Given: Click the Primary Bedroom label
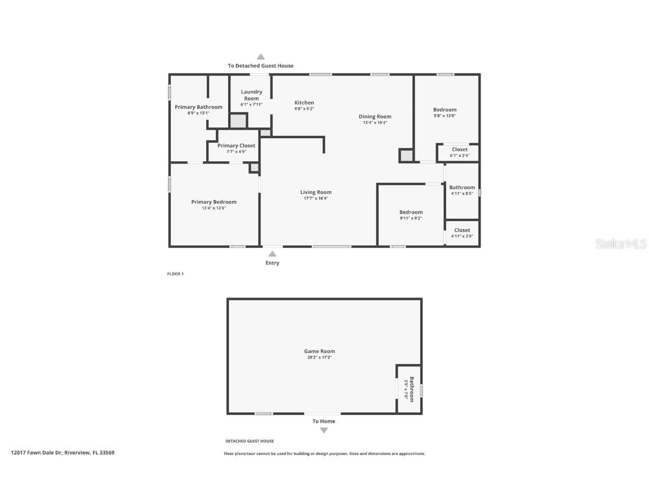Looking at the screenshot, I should [x=214, y=202].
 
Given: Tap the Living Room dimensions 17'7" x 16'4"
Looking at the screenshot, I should [x=315, y=198].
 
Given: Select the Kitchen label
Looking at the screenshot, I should [x=304, y=103].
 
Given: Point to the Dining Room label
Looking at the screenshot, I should [x=375, y=117].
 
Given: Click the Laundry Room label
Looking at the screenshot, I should [x=251, y=95].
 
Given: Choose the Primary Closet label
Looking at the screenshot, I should [x=236, y=145].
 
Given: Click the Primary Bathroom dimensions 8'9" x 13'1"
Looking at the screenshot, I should [x=198, y=113].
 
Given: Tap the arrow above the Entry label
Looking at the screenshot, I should [x=272, y=254].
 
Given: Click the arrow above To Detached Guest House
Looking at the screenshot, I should [x=260, y=56].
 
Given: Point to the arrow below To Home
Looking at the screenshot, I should [x=323, y=431].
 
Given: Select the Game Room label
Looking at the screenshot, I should [x=319, y=351].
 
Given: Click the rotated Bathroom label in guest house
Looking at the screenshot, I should [x=412, y=389].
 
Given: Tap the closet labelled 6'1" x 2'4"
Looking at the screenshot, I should [x=459, y=152].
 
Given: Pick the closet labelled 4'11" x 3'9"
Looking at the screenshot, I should [x=462, y=233].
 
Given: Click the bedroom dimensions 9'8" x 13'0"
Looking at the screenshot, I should [x=444, y=116].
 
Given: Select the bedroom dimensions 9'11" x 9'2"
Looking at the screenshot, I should [x=411, y=218].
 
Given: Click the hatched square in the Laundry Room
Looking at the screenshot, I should [x=238, y=121].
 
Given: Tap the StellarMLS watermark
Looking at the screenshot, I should [x=621, y=243].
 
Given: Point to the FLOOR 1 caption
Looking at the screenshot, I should [x=175, y=274].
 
